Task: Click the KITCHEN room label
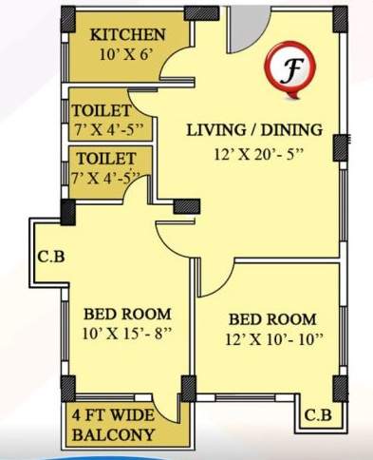point(127,35)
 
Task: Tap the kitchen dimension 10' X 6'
point(127,54)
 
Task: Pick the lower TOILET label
point(104,159)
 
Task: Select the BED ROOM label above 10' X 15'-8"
point(127,313)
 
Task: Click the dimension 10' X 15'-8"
point(127,334)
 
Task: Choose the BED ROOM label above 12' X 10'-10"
point(271,319)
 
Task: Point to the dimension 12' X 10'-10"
point(271,339)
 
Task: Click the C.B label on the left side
point(51,255)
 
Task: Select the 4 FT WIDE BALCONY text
point(112,426)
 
